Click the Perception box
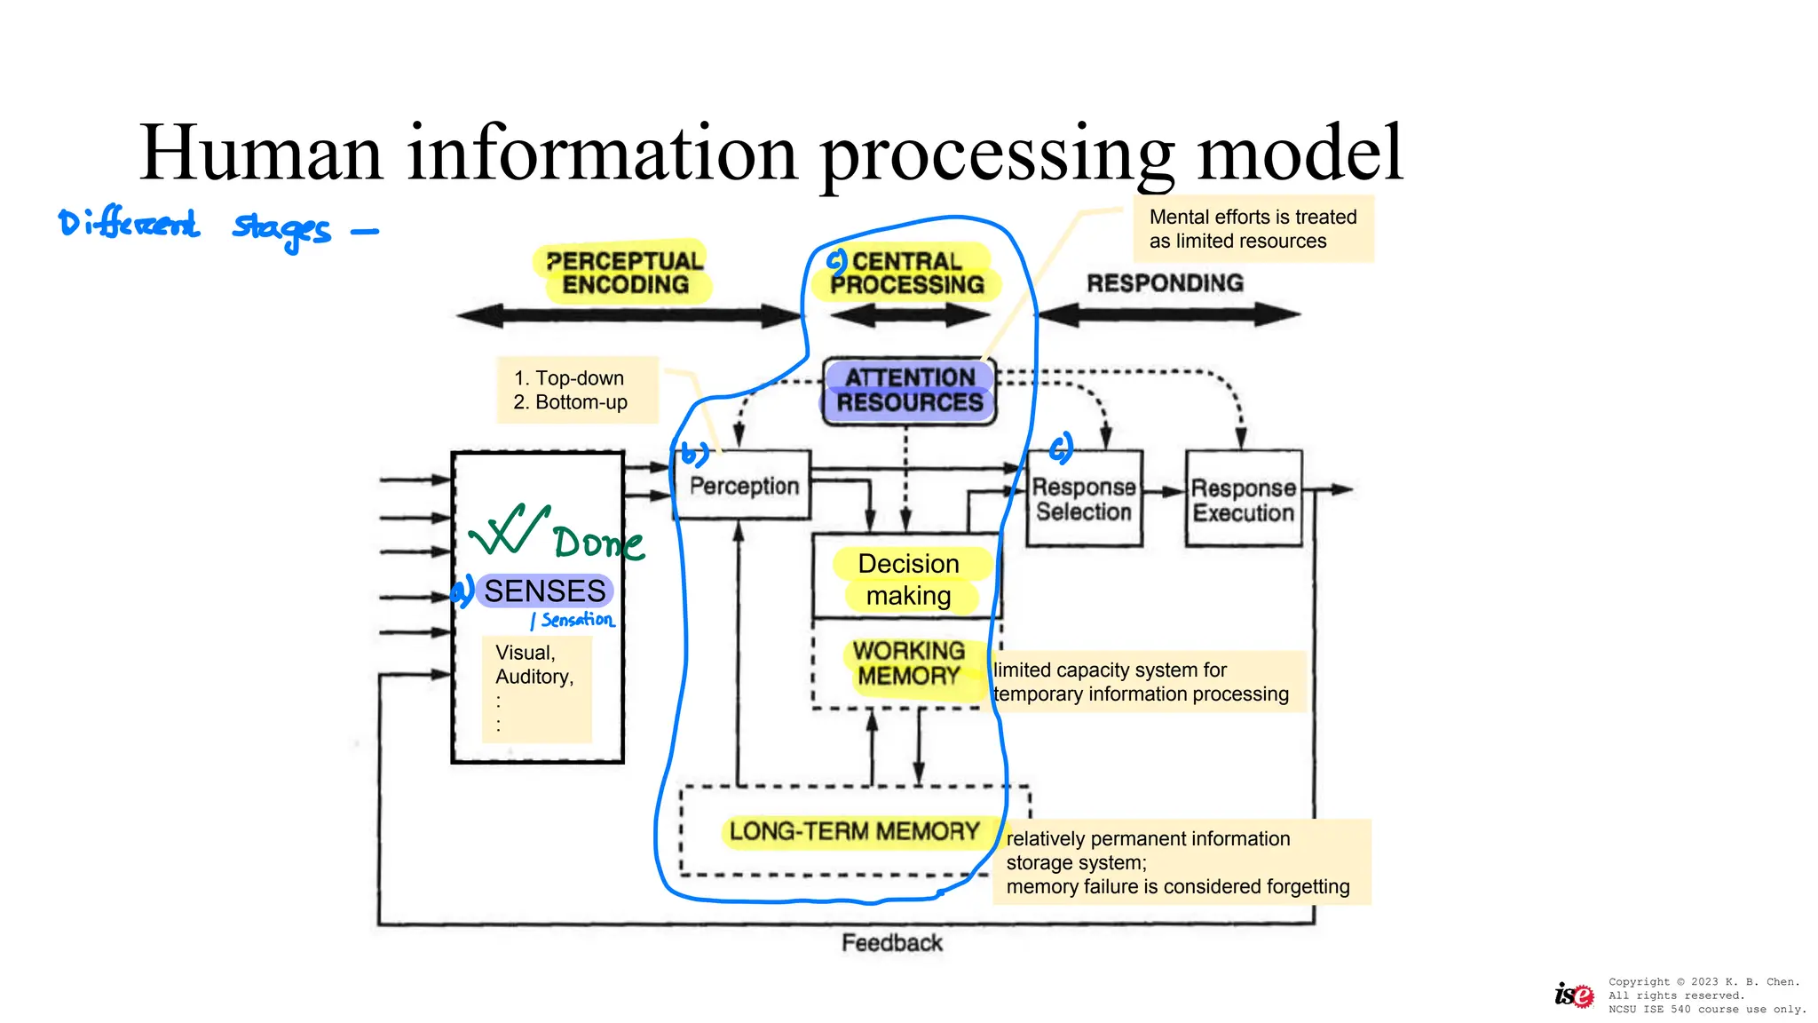coord(744,486)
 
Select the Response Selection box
coord(1083,499)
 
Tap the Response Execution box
coord(1243,500)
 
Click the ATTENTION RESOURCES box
coord(909,391)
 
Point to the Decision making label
coord(909,580)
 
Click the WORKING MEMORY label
coord(909,663)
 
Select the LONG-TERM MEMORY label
coord(854,831)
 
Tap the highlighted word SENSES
coord(544,591)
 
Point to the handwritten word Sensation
coord(577,620)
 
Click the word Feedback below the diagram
coord(891,943)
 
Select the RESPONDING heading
coord(1165,283)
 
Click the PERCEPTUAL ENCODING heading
coord(625,273)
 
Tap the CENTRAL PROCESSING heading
coord(906,273)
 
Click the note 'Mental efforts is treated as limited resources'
coord(1253,229)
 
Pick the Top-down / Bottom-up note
coord(570,390)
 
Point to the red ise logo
coord(1573,995)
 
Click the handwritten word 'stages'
coord(281,228)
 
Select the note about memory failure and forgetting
coord(1177,862)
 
